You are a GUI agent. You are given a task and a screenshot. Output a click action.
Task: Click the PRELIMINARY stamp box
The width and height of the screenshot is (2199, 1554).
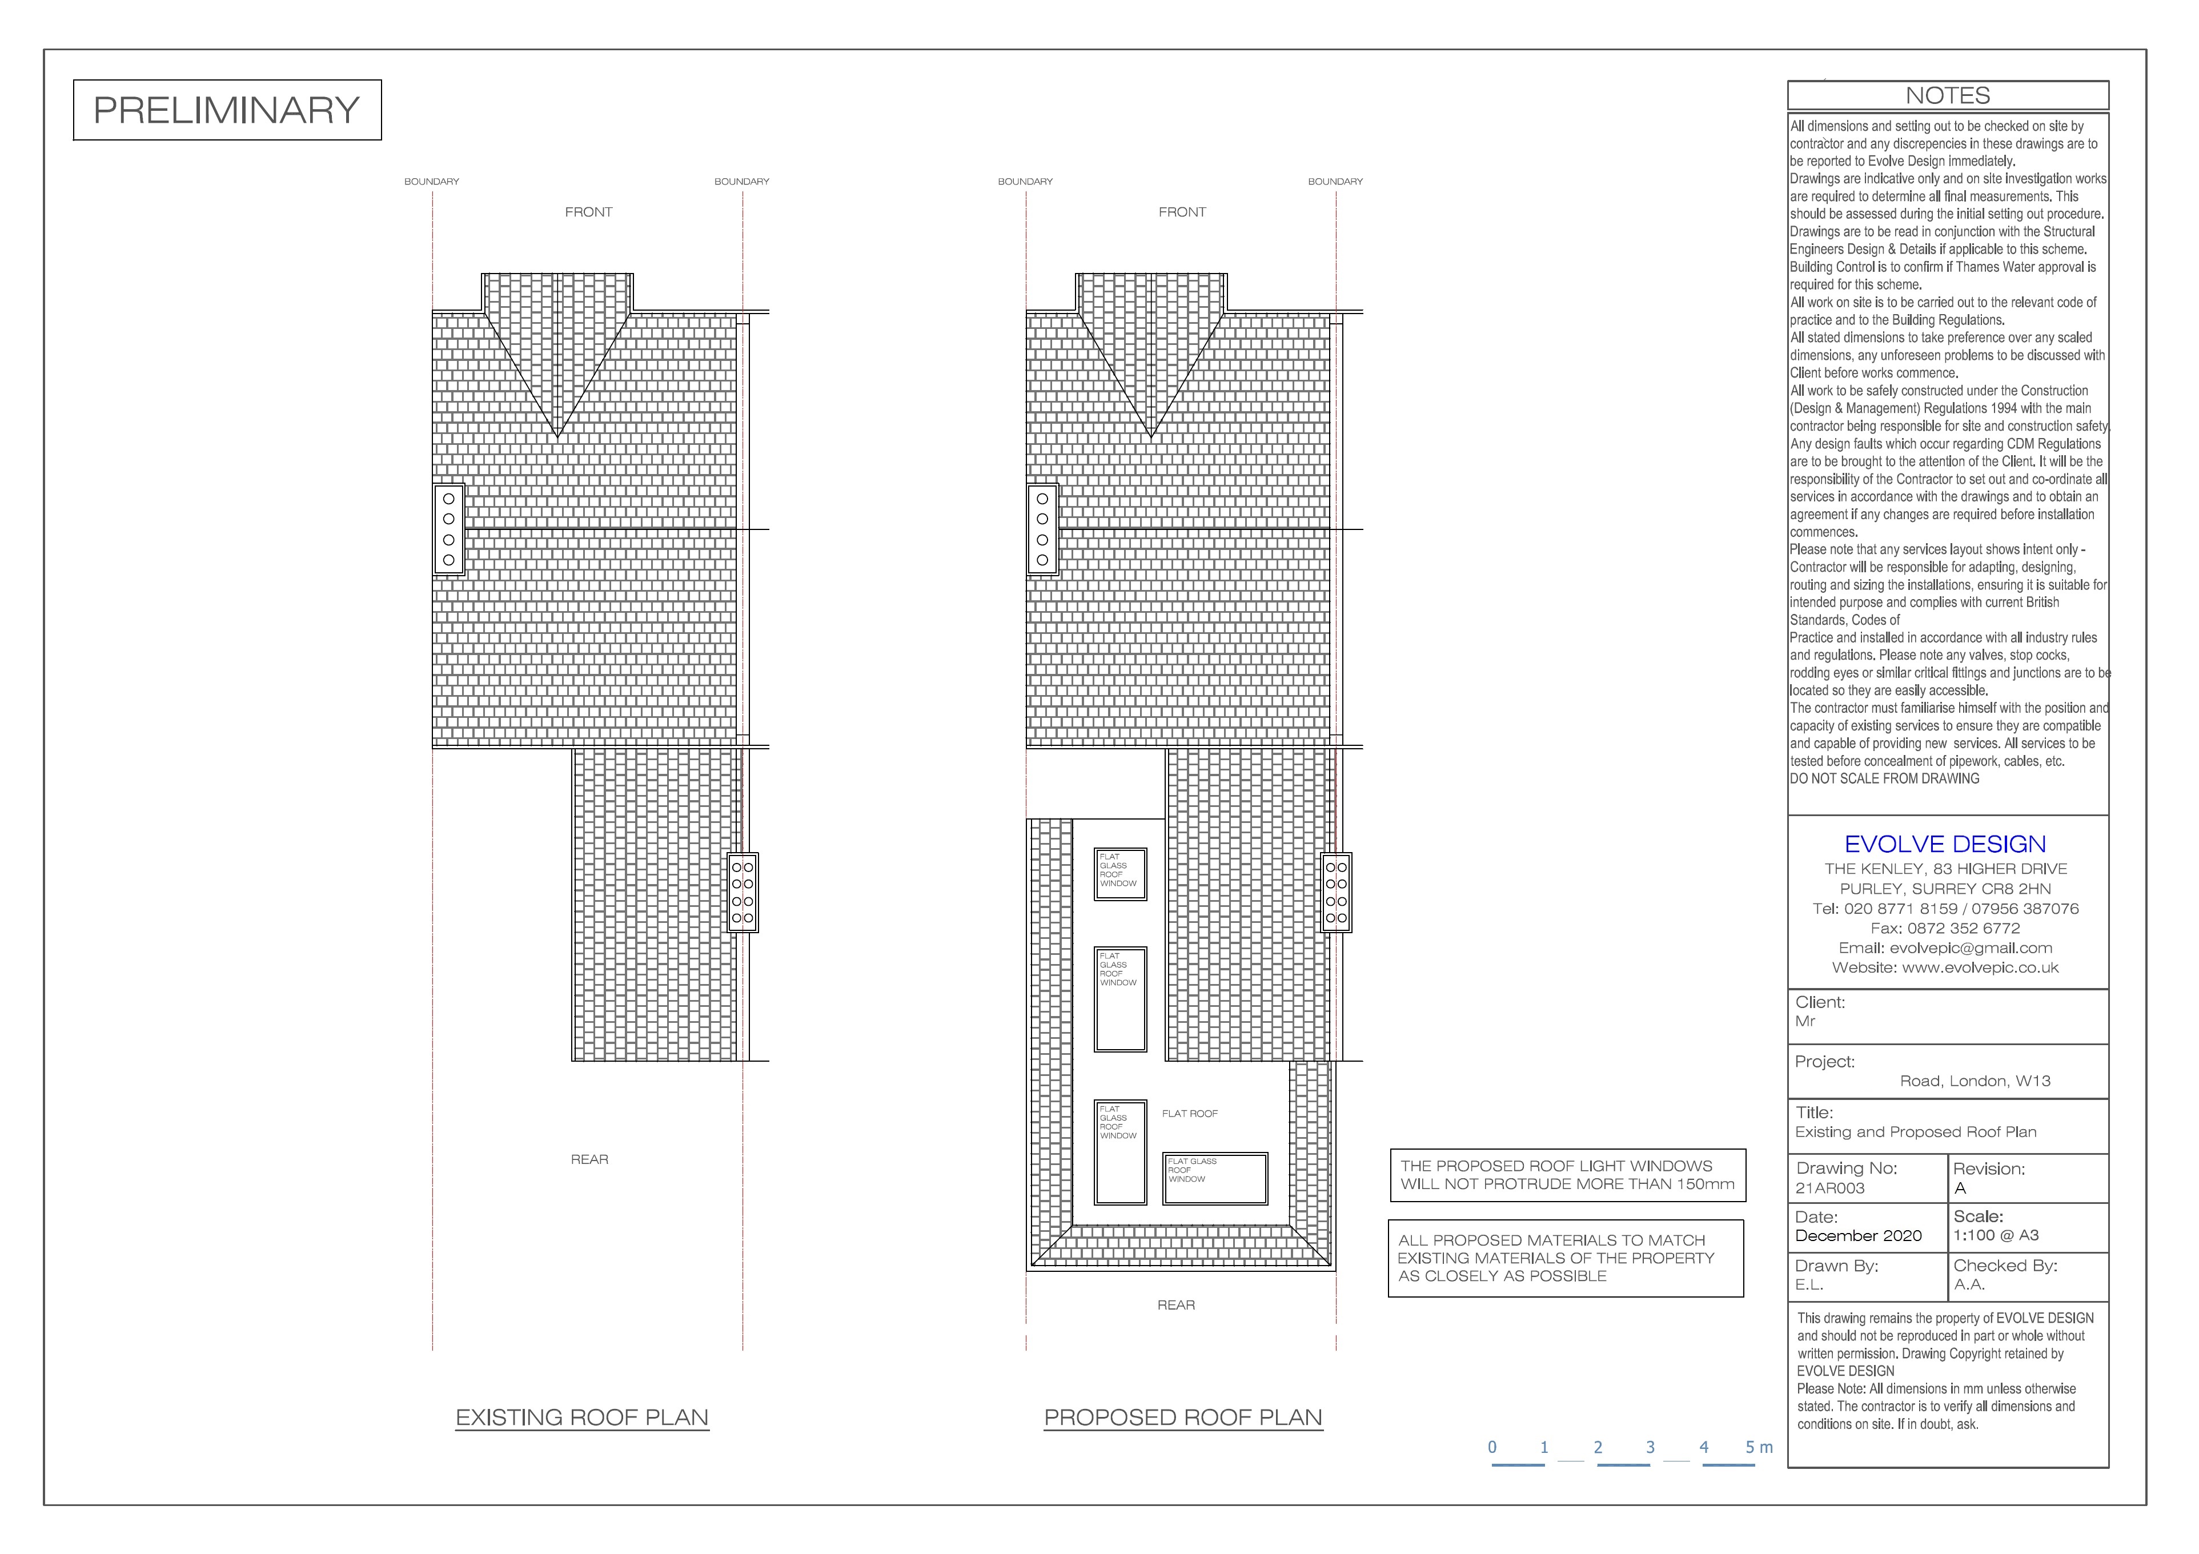pyautogui.click(x=227, y=110)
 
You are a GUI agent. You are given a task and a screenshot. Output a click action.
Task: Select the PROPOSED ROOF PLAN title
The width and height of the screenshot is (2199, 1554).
pyautogui.click(x=1183, y=1417)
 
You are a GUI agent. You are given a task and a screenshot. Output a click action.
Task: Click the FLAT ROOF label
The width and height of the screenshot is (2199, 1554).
pyautogui.click(x=1190, y=1114)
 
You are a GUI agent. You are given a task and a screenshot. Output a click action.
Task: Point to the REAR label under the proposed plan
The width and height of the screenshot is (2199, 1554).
pyautogui.click(x=1176, y=1305)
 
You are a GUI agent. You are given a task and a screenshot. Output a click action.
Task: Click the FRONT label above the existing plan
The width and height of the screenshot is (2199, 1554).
pyautogui.click(x=588, y=212)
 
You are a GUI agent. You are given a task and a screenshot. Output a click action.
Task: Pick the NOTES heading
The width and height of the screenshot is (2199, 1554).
pyautogui.click(x=1947, y=96)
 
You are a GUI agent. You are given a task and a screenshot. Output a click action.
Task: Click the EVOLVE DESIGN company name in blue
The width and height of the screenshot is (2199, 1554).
pyautogui.click(x=1945, y=844)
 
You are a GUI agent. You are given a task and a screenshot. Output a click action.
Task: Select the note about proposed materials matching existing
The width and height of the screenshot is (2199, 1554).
pyautogui.click(x=1566, y=1258)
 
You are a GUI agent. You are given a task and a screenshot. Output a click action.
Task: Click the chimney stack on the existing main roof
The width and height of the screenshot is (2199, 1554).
pyautogui.click(x=448, y=528)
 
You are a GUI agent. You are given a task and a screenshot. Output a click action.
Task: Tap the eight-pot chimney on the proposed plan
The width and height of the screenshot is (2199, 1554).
pyautogui.click(x=1336, y=893)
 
